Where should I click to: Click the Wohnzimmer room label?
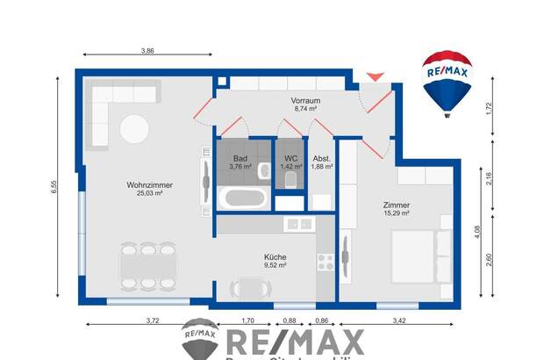pos(149,185)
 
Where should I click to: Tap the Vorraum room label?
pos(305,102)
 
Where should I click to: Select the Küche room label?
pos(276,257)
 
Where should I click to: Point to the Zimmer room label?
pos(397,205)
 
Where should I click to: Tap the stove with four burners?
pos(325,261)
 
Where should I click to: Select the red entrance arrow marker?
pos(375,76)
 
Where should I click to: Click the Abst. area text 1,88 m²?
pos(322,166)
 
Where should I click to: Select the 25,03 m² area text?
pos(149,194)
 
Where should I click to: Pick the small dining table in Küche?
pos(249,287)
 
